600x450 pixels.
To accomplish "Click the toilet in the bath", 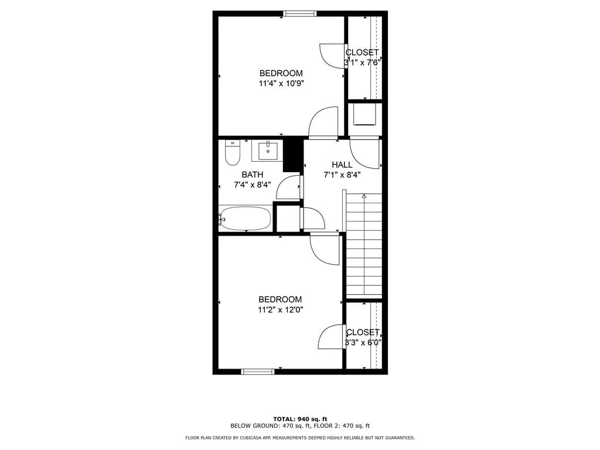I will [x=233, y=154].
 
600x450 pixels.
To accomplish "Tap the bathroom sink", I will [x=268, y=151].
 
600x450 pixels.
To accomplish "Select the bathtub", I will [x=245, y=219].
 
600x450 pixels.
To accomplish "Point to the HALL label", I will [x=342, y=165].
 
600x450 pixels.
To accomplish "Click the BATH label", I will [x=252, y=175].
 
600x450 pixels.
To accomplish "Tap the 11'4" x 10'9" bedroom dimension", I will [x=281, y=83].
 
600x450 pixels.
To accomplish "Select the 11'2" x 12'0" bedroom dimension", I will [x=280, y=309].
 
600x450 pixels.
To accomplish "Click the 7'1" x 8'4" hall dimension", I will [x=342, y=174].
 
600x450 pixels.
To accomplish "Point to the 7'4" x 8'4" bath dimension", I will [x=252, y=185].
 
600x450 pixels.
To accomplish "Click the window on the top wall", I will [x=300, y=13].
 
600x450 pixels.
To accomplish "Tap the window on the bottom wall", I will [x=258, y=371].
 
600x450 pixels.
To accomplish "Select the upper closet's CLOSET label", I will [x=362, y=52].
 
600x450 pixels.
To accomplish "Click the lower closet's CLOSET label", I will [x=363, y=332].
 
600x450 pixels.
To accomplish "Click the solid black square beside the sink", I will [x=292, y=155].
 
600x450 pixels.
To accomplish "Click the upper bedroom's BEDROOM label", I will [x=281, y=73].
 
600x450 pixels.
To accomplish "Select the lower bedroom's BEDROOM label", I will [x=280, y=299].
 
